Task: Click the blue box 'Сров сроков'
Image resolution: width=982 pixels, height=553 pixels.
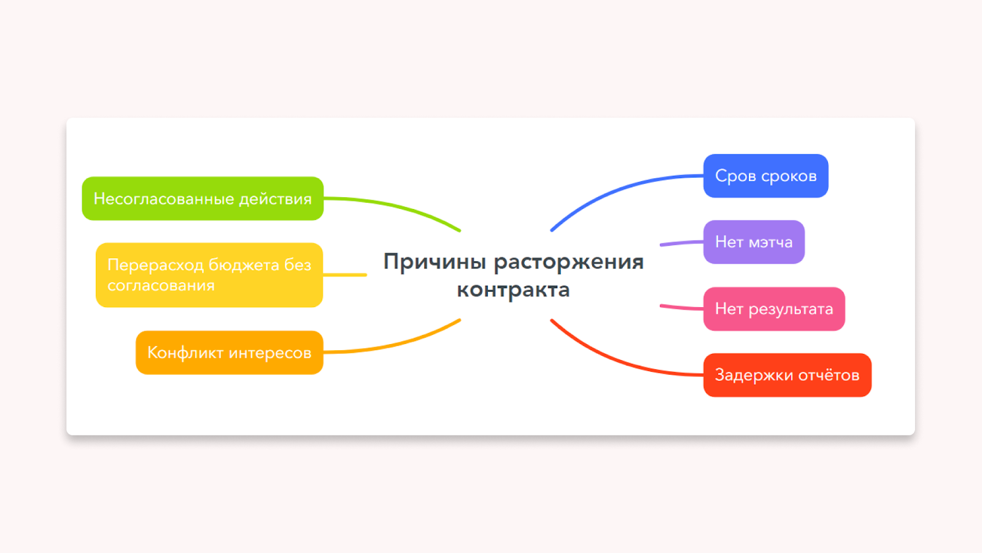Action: point(765,176)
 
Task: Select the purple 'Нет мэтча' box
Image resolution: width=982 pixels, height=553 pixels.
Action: point(754,242)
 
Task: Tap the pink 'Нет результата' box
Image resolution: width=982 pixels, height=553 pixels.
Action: point(774,308)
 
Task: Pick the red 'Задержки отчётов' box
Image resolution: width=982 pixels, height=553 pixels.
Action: point(787,375)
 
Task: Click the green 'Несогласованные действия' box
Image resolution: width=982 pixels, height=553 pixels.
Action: point(203,198)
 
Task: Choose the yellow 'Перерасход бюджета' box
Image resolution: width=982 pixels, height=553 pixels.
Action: point(209,275)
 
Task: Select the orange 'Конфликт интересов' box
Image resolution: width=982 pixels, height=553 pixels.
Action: point(230,353)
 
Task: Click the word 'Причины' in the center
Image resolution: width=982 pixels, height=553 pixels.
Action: point(435,262)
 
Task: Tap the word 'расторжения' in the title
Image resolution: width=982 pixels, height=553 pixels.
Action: point(568,262)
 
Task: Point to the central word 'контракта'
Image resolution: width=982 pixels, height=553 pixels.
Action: point(513,289)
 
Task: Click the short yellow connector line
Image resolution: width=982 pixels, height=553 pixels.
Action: point(344,275)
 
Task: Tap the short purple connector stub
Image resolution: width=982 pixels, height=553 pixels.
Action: point(682,243)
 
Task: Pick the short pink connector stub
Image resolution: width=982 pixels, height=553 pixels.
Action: point(682,307)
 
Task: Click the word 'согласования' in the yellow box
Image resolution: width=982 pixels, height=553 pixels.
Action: point(161,285)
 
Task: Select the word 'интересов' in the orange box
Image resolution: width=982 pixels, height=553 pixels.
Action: point(270,353)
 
